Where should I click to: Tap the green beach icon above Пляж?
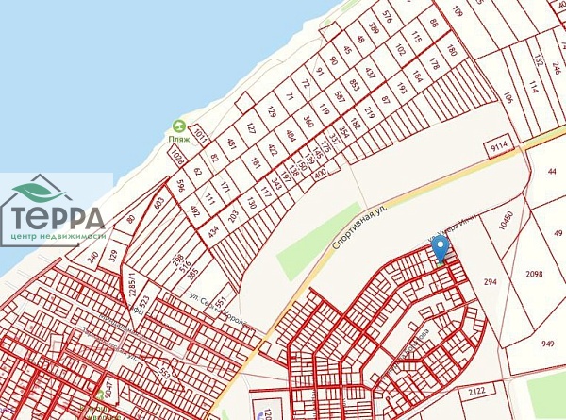(x=179, y=126)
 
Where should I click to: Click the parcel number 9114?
(x=501, y=147)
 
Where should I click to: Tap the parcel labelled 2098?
(x=534, y=274)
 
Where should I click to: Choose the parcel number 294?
(x=490, y=282)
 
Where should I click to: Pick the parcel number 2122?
(x=476, y=391)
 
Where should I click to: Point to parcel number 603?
(x=158, y=203)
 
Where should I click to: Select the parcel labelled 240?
(x=92, y=256)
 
